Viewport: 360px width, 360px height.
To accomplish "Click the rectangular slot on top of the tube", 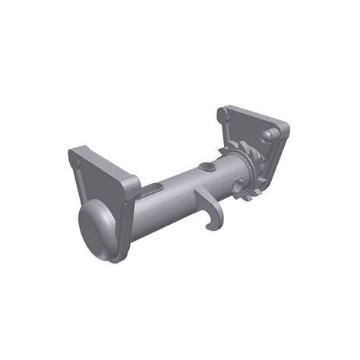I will pyautogui.click(x=154, y=186).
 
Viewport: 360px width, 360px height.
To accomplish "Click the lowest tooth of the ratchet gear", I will pyautogui.click(x=247, y=199).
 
